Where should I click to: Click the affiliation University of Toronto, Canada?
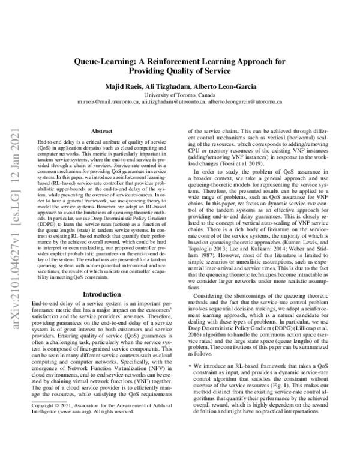[180, 95]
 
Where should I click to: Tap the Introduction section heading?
[101, 294]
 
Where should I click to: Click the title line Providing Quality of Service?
[180, 72]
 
